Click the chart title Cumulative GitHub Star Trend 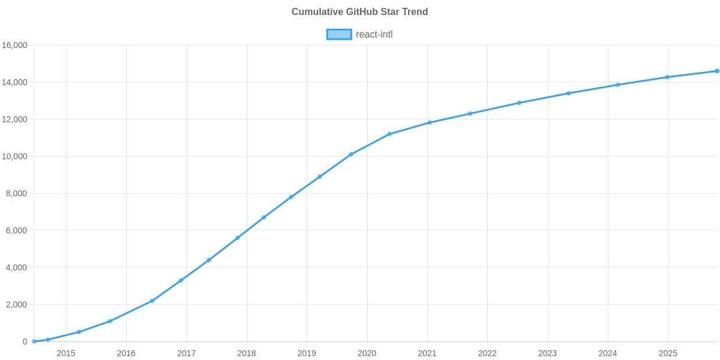(x=359, y=12)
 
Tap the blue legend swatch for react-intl (x=338, y=34)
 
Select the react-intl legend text (x=374, y=34)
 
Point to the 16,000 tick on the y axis (x=15, y=46)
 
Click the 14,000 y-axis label (x=15, y=82)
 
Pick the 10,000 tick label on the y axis (x=15, y=157)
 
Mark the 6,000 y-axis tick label (x=17, y=230)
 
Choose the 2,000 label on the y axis (x=17, y=305)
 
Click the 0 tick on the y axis (x=25, y=342)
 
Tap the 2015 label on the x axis (x=66, y=353)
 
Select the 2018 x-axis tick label (x=247, y=353)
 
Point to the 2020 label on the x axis (x=367, y=353)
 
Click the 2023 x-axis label (x=548, y=353)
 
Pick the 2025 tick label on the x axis (x=668, y=353)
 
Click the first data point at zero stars (x=34, y=341)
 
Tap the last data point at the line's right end (x=717, y=71)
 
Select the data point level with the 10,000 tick (x=351, y=154)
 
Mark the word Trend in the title (x=415, y=12)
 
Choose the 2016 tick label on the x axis (x=126, y=353)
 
